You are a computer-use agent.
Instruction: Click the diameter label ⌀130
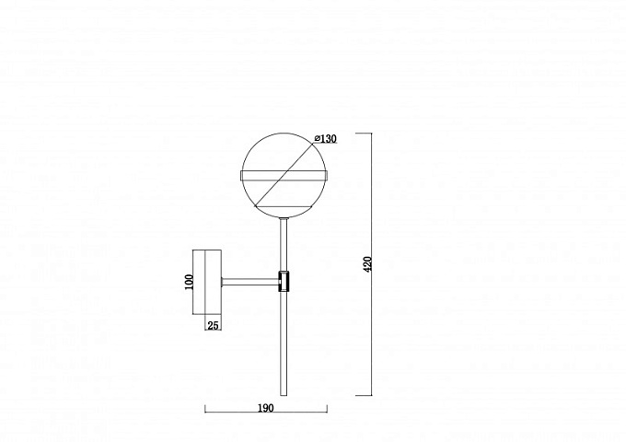coord(325,138)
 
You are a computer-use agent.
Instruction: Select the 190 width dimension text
coord(266,408)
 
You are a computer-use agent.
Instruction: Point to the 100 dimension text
coord(189,282)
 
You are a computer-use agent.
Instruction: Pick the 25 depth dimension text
coord(214,325)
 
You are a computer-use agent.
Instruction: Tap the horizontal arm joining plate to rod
coord(250,282)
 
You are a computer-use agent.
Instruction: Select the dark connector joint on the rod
coord(284,282)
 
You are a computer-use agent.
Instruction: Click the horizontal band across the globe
coord(284,176)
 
